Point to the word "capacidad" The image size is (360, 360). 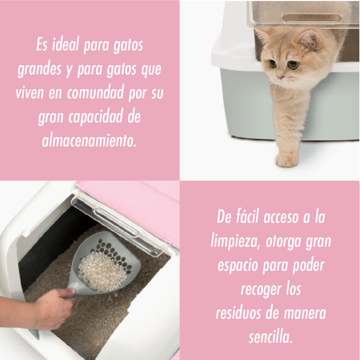coord(96,116)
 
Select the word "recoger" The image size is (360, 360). coord(261,290)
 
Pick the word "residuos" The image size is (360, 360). coord(238,313)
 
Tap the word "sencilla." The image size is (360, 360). coord(271,337)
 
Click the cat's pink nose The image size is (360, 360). coord(280,77)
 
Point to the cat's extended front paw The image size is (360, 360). coord(287,160)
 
